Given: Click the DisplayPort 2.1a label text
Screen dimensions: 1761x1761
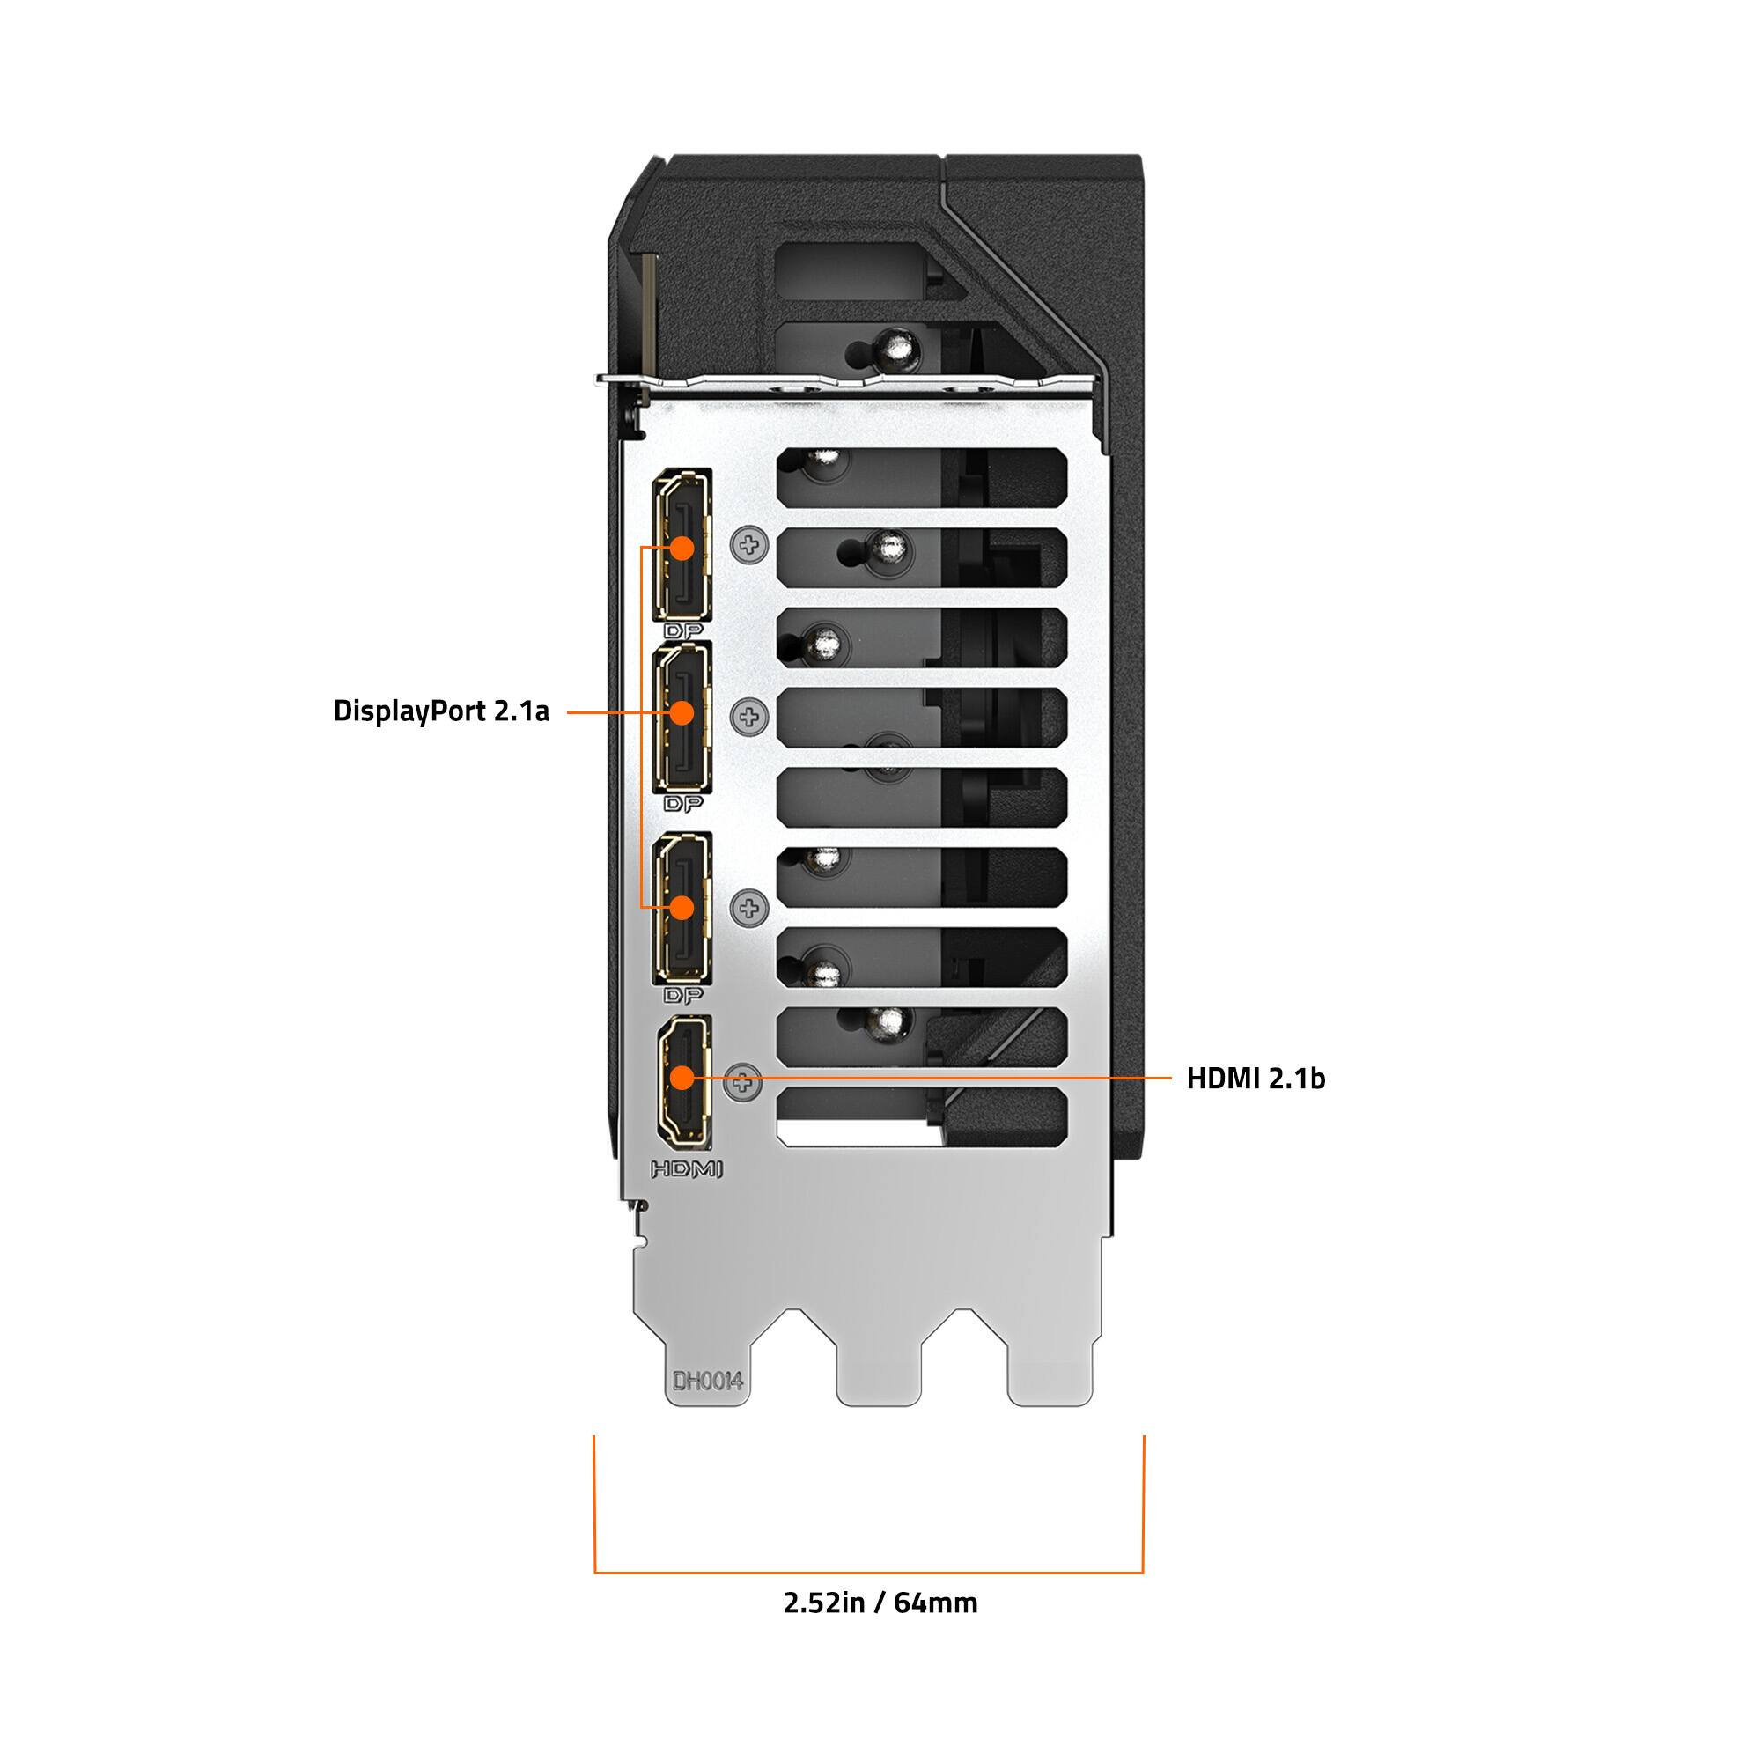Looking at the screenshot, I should click(441, 711).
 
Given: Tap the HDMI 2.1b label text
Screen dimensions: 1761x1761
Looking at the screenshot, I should click(1255, 1079).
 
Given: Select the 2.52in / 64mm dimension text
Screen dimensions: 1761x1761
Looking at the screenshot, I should click(880, 1602).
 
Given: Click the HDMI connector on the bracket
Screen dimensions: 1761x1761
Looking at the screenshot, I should click(682, 1080).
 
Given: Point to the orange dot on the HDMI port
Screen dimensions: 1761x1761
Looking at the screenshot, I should click(681, 1078).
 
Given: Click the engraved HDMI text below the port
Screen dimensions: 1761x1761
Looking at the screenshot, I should click(687, 1168).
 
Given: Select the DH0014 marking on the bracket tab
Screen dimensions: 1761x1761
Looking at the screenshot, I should click(707, 1381).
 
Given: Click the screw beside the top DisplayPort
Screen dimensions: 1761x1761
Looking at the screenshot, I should click(749, 546).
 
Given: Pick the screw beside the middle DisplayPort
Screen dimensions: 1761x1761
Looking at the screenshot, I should click(749, 717).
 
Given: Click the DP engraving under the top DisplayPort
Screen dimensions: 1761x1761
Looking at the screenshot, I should click(683, 630).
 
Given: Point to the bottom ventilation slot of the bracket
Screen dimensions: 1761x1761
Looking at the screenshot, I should click(921, 1117).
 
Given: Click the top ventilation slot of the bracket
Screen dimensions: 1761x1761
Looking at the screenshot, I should click(921, 475).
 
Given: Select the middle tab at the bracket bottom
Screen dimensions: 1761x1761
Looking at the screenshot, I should click(879, 1367).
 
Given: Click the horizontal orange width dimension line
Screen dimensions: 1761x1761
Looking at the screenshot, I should click(869, 1572).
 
